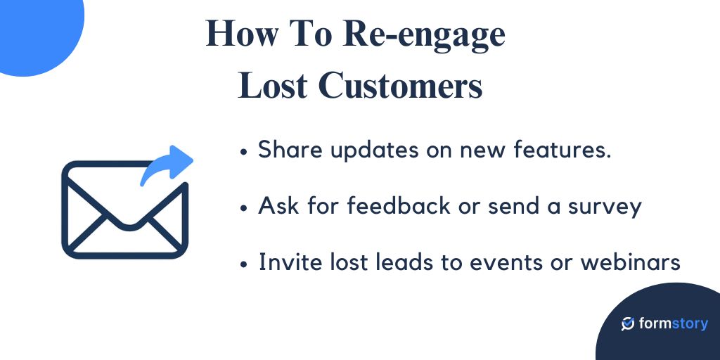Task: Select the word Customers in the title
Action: [400, 87]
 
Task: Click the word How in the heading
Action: [240, 34]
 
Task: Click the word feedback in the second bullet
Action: [397, 206]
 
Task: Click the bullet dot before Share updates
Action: [244, 151]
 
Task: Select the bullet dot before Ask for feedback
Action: [244, 208]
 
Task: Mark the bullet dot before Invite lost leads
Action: [244, 264]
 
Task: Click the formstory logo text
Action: [674, 323]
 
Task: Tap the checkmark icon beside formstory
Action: [628, 323]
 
